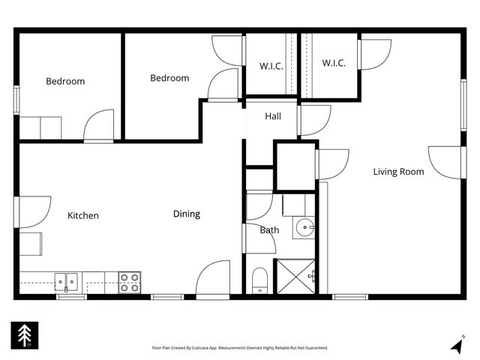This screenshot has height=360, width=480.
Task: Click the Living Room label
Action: (398, 172)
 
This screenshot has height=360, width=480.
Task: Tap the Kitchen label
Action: (83, 215)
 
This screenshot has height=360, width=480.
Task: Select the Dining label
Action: (187, 214)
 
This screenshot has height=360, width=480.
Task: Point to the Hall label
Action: (273, 116)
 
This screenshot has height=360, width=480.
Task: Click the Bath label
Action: (269, 229)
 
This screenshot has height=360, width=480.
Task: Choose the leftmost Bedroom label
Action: (65, 81)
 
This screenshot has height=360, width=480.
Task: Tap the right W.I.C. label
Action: (334, 63)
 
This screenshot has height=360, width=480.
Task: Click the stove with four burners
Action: (130, 282)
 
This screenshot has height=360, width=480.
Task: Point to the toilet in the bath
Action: (259, 280)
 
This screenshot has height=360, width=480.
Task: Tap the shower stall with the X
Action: (295, 275)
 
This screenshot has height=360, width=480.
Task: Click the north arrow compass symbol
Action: (457, 345)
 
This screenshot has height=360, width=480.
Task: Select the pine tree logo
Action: (22, 335)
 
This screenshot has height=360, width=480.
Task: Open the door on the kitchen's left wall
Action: (32, 211)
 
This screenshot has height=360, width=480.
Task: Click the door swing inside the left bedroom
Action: (99, 127)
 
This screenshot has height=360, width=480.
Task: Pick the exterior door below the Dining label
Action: (213, 279)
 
